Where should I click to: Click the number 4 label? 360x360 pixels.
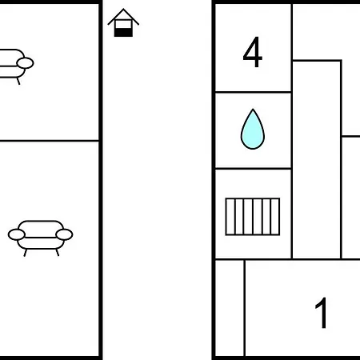(x=253, y=52)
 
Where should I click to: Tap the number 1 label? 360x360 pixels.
(x=322, y=313)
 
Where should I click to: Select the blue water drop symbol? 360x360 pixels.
(x=253, y=129)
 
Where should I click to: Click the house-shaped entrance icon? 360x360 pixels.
(x=123, y=22)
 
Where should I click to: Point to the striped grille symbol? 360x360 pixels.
(x=253, y=217)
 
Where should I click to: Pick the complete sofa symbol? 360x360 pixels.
(x=40, y=238)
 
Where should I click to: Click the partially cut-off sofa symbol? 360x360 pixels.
(x=17, y=66)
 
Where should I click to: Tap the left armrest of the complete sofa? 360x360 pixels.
(x=17, y=234)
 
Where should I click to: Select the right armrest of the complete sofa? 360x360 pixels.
(x=64, y=234)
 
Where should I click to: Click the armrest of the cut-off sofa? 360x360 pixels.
(x=25, y=63)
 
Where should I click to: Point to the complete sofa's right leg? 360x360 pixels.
(x=57, y=252)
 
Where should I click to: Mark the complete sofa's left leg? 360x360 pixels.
(x=26, y=253)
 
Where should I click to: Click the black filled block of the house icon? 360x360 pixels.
(x=123, y=33)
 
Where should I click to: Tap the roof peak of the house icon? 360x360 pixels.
(x=123, y=9)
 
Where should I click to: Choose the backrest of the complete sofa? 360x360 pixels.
(x=41, y=229)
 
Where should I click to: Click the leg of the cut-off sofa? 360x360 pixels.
(x=18, y=81)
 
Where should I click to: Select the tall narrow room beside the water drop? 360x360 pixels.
(x=317, y=159)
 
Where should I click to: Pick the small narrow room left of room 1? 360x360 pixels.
(x=230, y=308)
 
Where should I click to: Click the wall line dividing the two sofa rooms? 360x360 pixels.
(x=50, y=140)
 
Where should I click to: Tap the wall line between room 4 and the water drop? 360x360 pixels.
(x=253, y=92)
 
